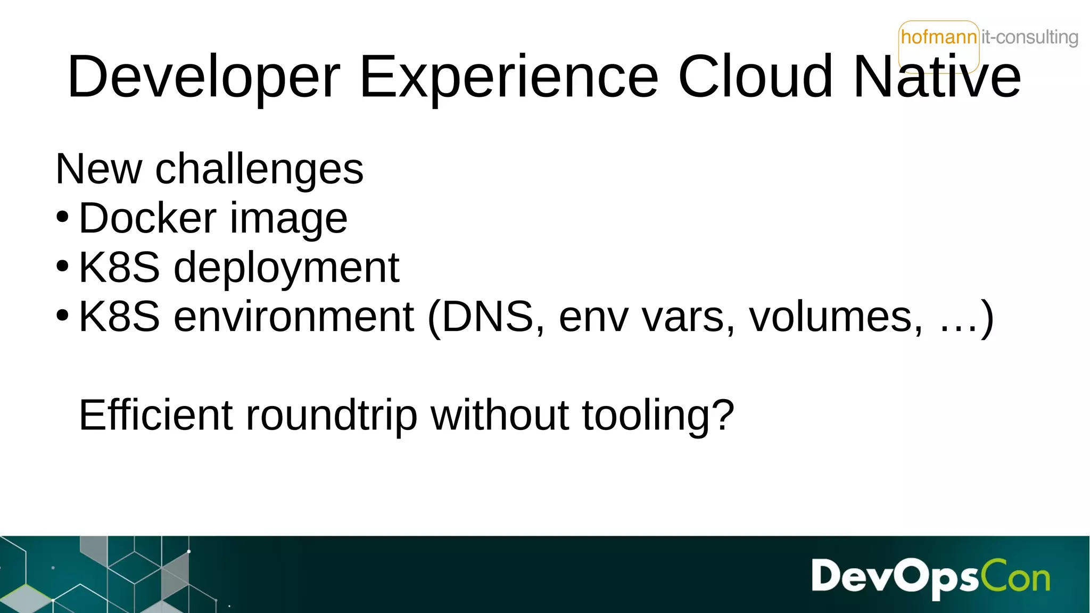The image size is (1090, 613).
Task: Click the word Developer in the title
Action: click(203, 78)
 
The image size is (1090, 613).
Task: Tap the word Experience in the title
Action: click(509, 78)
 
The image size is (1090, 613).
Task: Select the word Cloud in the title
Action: click(755, 77)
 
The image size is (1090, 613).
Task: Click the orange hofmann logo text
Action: click(939, 37)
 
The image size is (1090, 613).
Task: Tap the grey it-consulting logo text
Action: click(1029, 37)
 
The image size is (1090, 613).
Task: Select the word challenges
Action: click(259, 169)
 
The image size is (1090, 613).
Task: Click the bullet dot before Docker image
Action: click(62, 217)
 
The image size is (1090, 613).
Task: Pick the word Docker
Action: click(147, 218)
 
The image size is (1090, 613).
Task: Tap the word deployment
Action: click(286, 268)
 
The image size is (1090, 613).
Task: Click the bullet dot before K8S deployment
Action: click(62, 266)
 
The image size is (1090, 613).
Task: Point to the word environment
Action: click(294, 317)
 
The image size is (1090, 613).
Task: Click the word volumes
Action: click(835, 317)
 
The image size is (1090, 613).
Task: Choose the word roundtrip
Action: click(331, 415)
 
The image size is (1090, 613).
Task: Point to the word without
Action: click(500, 415)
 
